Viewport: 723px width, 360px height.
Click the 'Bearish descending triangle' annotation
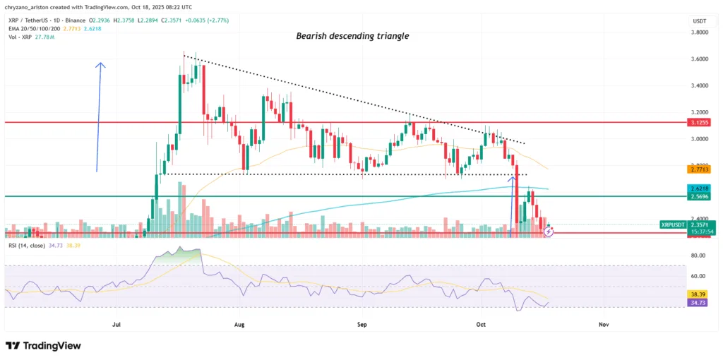pyautogui.click(x=361, y=35)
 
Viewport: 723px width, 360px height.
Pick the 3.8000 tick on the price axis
pyautogui.click(x=699, y=32)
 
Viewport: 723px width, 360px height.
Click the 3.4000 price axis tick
pyautogui.click(x=699, y=85)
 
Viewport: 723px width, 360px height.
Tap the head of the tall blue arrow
pyautogui.click(x=100, y=66)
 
